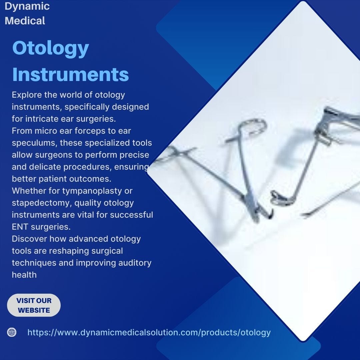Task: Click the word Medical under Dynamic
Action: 25,21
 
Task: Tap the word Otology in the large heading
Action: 51,49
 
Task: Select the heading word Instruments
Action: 70,74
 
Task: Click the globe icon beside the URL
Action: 12,332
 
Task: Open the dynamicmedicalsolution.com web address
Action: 149,332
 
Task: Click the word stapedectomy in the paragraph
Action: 42,203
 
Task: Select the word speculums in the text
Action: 34,143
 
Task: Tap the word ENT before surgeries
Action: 20,227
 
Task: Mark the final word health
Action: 24,275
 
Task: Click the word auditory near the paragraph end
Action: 135,263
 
